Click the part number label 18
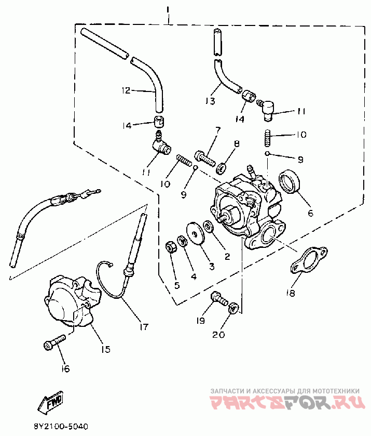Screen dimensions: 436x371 pyautogui.click(x=290, y=293)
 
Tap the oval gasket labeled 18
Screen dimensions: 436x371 pyautogui.click(x=308, y=259)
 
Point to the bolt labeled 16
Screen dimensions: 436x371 pyautogui.click(x=54, y=342)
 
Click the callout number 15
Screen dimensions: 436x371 pyautogui.click(x=105, y=350)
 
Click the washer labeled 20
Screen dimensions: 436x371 pyautogui.click(x=233, y=307)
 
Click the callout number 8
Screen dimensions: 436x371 pyautogui.click(x=236, y=144)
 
